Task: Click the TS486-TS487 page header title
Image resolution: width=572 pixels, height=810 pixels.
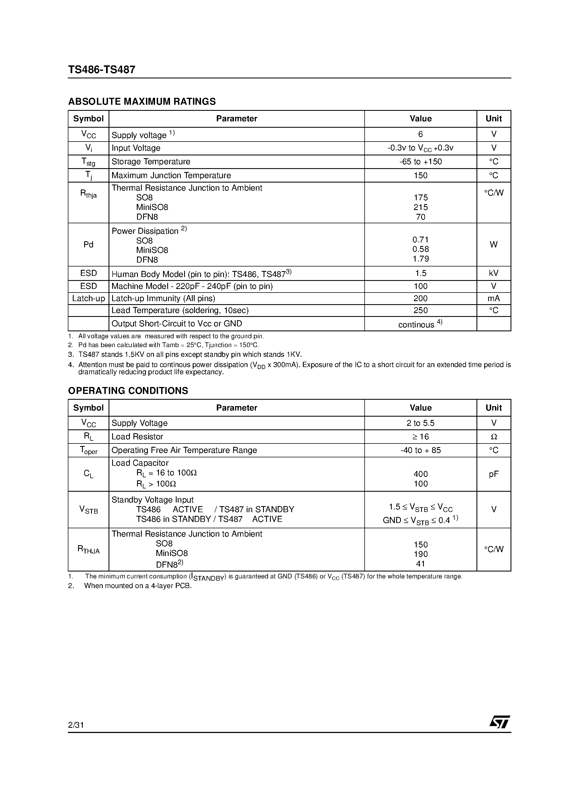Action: (x=102, y=70)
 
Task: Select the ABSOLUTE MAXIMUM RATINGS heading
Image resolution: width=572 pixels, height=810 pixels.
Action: (x=142, y=102)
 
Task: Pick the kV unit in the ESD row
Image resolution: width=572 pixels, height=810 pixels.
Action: (x=493, y=273)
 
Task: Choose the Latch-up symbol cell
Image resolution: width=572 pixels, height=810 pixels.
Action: (x=89, y=298)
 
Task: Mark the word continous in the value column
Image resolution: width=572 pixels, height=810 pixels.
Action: (x=416, y=325)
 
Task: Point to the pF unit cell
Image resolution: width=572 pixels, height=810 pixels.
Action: (x=493, y=474)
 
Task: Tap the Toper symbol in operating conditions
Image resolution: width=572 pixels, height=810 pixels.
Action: (x=89, y=450)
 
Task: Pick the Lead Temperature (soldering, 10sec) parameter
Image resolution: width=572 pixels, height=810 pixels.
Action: (x=180, y=311)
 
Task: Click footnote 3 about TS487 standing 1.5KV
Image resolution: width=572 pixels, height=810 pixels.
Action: (x=190, y=355)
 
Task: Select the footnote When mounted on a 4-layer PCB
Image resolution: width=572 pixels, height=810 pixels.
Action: (x=138, y=586)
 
